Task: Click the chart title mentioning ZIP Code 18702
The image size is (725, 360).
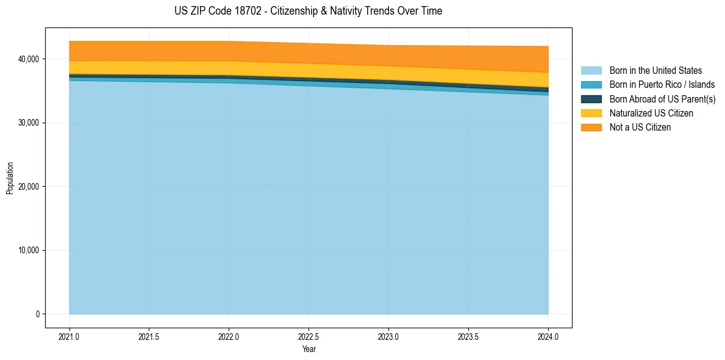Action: (x=308, y=11)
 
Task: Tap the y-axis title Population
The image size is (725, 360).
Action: (x=10, y=178)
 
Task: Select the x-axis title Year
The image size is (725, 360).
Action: (x=309, y=350)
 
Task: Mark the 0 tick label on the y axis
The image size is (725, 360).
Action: (x=37, y=314)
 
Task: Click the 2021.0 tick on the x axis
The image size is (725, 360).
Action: (x=70, y=336)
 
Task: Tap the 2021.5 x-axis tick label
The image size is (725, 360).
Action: (x=149, y=336)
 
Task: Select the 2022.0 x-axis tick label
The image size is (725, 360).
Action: (x=229, y=336)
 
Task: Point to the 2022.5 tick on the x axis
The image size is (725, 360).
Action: (x=309, y=336)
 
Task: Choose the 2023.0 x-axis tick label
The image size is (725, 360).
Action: (x=388, y=336)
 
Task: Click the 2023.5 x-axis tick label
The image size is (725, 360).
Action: (x=468, y=336)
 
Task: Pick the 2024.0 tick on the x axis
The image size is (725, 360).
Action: (x=548, y=336)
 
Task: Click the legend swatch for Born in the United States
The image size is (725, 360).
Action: (x=591, y=71)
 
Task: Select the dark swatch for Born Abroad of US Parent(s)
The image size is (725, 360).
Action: (x=591, y=99)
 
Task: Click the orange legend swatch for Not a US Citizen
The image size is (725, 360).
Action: (x=591, y=127)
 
